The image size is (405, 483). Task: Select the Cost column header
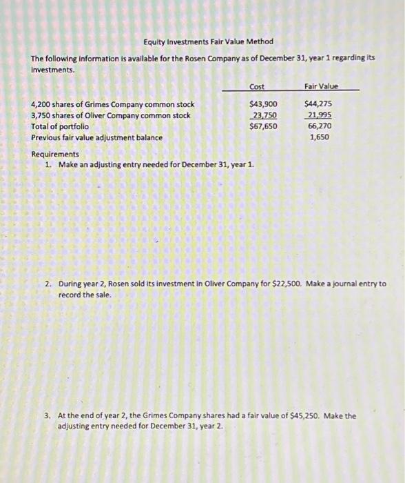point(257,86)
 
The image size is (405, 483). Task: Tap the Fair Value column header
point(322,86)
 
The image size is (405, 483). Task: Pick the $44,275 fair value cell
point(318,104)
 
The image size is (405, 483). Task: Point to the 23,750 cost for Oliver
point(264,115)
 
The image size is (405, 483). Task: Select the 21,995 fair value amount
point(319,115)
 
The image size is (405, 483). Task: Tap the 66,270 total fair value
point(319,126)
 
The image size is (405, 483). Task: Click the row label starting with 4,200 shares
point(113,104)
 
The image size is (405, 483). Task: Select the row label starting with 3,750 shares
point(111,115)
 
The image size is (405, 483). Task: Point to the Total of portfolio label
point(60,126)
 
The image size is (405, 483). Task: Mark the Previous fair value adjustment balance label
point(97,137)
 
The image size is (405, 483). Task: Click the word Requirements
point(55,155)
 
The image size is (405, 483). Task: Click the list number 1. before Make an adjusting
point(48,165)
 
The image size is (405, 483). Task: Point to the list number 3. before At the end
point(48,416)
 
